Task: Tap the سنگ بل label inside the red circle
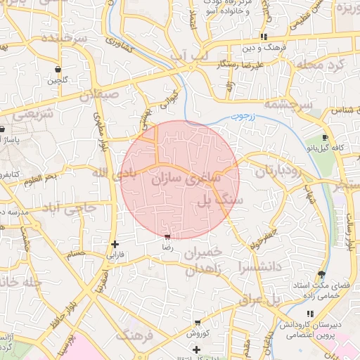click(x=212, y=202)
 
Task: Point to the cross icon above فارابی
click(x=115, y=244)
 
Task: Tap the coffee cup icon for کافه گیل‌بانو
click(x=324, y=137)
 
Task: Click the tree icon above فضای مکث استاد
click(x=321, y=274)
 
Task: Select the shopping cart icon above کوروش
click(x=197, y=323)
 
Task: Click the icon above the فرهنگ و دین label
click(x=264, y=37)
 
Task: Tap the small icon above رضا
click(x=167, y=238)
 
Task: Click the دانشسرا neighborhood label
click(x=259, y=267)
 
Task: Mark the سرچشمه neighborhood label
click(x=288, y=105)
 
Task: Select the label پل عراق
click(x=262, y=300)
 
